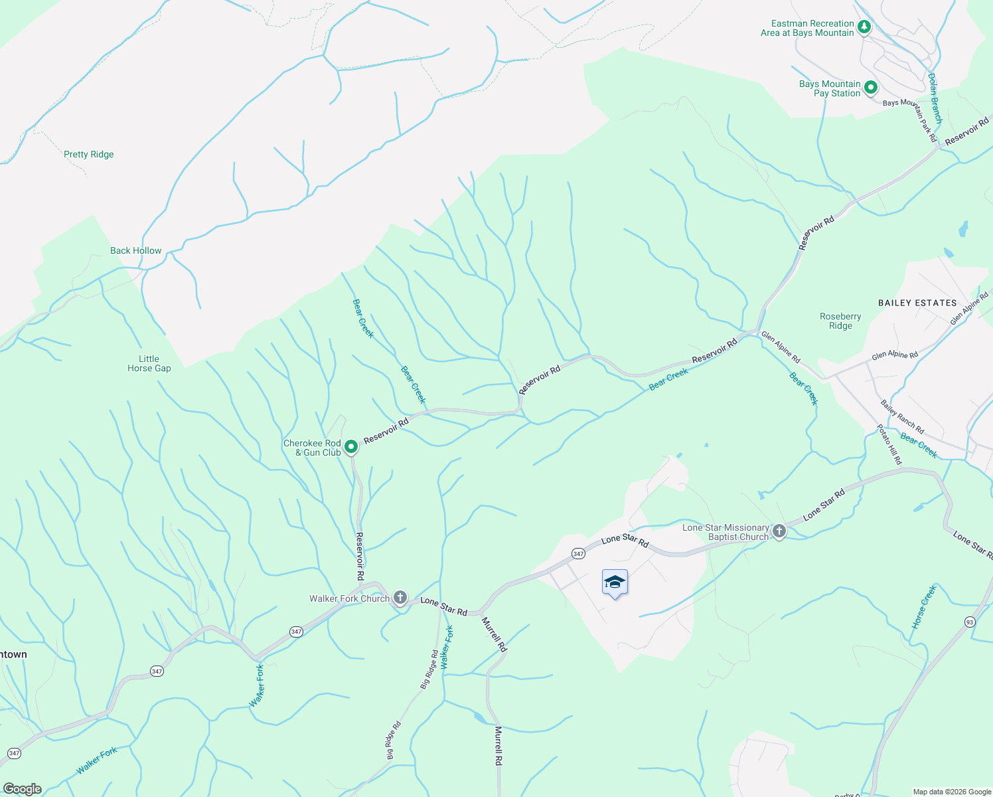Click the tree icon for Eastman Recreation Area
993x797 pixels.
[x=864, y=27]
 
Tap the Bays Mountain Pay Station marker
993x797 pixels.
[x=871, y=88]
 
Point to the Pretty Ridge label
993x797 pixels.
[x=88, y=154]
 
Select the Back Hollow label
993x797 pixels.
[x=135, y=250]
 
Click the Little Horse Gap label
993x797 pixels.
[x=149, y=363]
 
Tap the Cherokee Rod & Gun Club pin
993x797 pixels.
[x=351, y=447]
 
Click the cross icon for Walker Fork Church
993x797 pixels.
[x=400, y=598]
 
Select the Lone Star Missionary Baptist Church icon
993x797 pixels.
[x=779, y=531]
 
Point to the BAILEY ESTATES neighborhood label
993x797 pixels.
[x=917, y=303]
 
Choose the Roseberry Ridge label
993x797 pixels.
[x=840, y=321]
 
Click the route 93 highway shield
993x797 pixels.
[x=970, y=621]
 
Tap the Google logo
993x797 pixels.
[x=23, y=788]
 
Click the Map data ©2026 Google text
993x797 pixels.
[x=951, y=791]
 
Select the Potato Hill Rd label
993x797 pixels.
[x=889, y=444]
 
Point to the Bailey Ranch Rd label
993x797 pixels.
[x=902, y=416]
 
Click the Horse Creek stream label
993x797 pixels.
[x=923, y=607]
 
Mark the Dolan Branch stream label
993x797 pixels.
[x=935, y=98]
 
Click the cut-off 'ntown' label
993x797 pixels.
[x=13, y=654]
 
